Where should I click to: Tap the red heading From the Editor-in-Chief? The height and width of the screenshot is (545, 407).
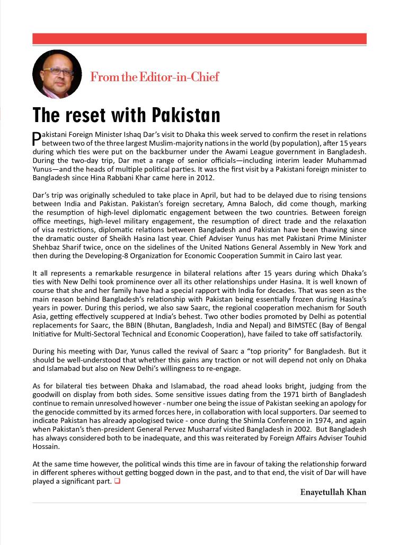pos(154,77)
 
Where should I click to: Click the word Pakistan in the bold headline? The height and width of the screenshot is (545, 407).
pos(185,115)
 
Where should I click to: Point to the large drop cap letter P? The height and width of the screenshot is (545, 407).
pos(37,139)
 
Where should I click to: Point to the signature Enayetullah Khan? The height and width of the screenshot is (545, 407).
pos(333,492)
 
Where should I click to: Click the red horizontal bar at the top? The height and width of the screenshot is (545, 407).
pos(199,39)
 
